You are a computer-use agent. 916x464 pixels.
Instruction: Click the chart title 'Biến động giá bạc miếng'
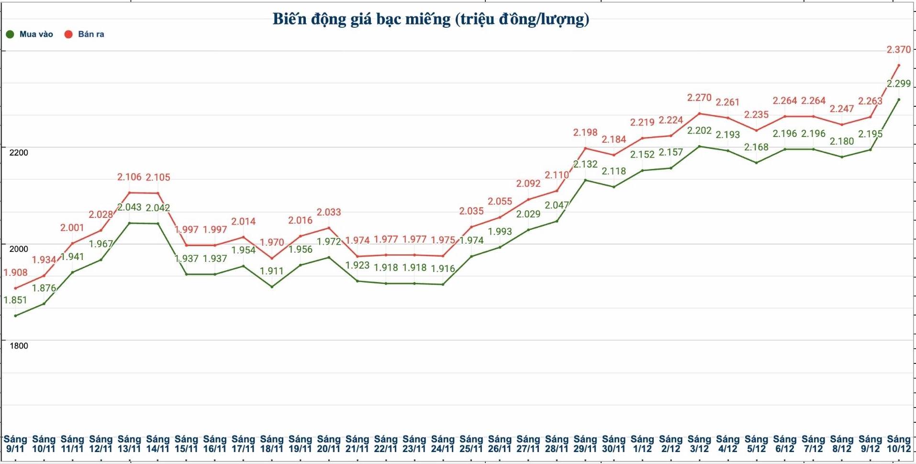(431, 19)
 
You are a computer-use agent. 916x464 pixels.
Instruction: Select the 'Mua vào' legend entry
(30, 34)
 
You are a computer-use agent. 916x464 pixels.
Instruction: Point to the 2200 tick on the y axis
(19, 153)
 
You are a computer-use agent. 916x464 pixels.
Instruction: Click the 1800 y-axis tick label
(19, 346)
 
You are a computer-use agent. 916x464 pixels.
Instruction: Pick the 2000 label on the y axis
(19, 249)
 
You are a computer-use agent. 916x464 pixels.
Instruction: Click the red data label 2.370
(898, 50)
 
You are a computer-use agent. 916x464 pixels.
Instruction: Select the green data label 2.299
(898, 84)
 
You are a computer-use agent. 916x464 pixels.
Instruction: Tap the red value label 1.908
(16, 273)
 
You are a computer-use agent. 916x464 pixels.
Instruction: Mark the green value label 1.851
(16, 300)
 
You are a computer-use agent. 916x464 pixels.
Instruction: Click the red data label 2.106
(129, 177)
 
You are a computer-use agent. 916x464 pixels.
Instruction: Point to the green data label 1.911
(271, 271)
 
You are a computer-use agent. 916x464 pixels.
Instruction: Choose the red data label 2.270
(699, 98)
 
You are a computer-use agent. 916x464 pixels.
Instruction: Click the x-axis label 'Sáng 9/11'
(15, 444)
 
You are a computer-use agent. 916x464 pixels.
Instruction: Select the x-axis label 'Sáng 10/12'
(898, 444)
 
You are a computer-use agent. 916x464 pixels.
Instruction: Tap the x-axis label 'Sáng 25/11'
(471, 444)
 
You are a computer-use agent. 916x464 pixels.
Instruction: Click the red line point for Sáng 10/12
(899, 65)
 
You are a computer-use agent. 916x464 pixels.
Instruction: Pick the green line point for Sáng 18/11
(272, 287)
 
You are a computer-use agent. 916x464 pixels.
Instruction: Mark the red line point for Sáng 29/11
(585, 148)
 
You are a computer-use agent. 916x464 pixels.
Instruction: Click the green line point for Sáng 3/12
(699, 146)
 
